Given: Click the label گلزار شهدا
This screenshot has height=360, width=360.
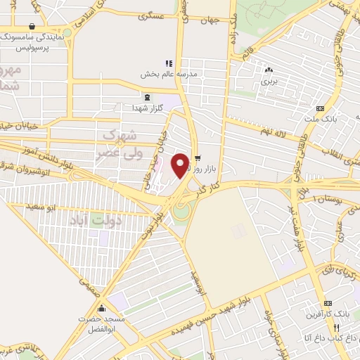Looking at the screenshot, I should [147, 108].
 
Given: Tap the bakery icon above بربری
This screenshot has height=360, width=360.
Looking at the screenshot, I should [268, 70].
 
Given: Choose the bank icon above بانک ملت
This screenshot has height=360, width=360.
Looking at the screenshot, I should [320, 108].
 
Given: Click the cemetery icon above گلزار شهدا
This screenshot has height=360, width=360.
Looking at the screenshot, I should [147, 98].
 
